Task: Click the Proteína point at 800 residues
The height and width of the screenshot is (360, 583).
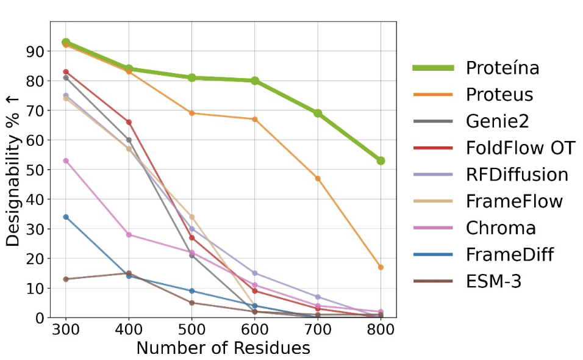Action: point(381,160)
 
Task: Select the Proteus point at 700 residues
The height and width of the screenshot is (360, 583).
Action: point(318,178)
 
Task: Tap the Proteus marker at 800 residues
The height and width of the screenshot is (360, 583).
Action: point(381,267)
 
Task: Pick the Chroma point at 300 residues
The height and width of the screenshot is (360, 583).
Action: point(66,160)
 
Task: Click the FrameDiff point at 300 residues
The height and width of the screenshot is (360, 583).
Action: point(66,217)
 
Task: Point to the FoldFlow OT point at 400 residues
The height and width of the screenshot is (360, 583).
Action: point(129,122)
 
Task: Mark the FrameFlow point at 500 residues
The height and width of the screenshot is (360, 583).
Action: point(191,217)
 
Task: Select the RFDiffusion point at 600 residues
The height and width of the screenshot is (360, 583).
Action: point(255,273)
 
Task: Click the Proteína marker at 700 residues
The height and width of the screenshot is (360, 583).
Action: point(318,113)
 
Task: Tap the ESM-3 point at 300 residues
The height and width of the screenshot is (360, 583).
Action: point(66,279)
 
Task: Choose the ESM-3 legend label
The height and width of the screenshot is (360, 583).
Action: point(493,281)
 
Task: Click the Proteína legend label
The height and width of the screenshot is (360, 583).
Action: point(503,68)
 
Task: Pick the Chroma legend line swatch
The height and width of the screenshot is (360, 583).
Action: point(432,228)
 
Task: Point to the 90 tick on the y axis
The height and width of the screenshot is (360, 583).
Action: point(37,51)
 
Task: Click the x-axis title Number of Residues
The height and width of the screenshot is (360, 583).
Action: point(223,348)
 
